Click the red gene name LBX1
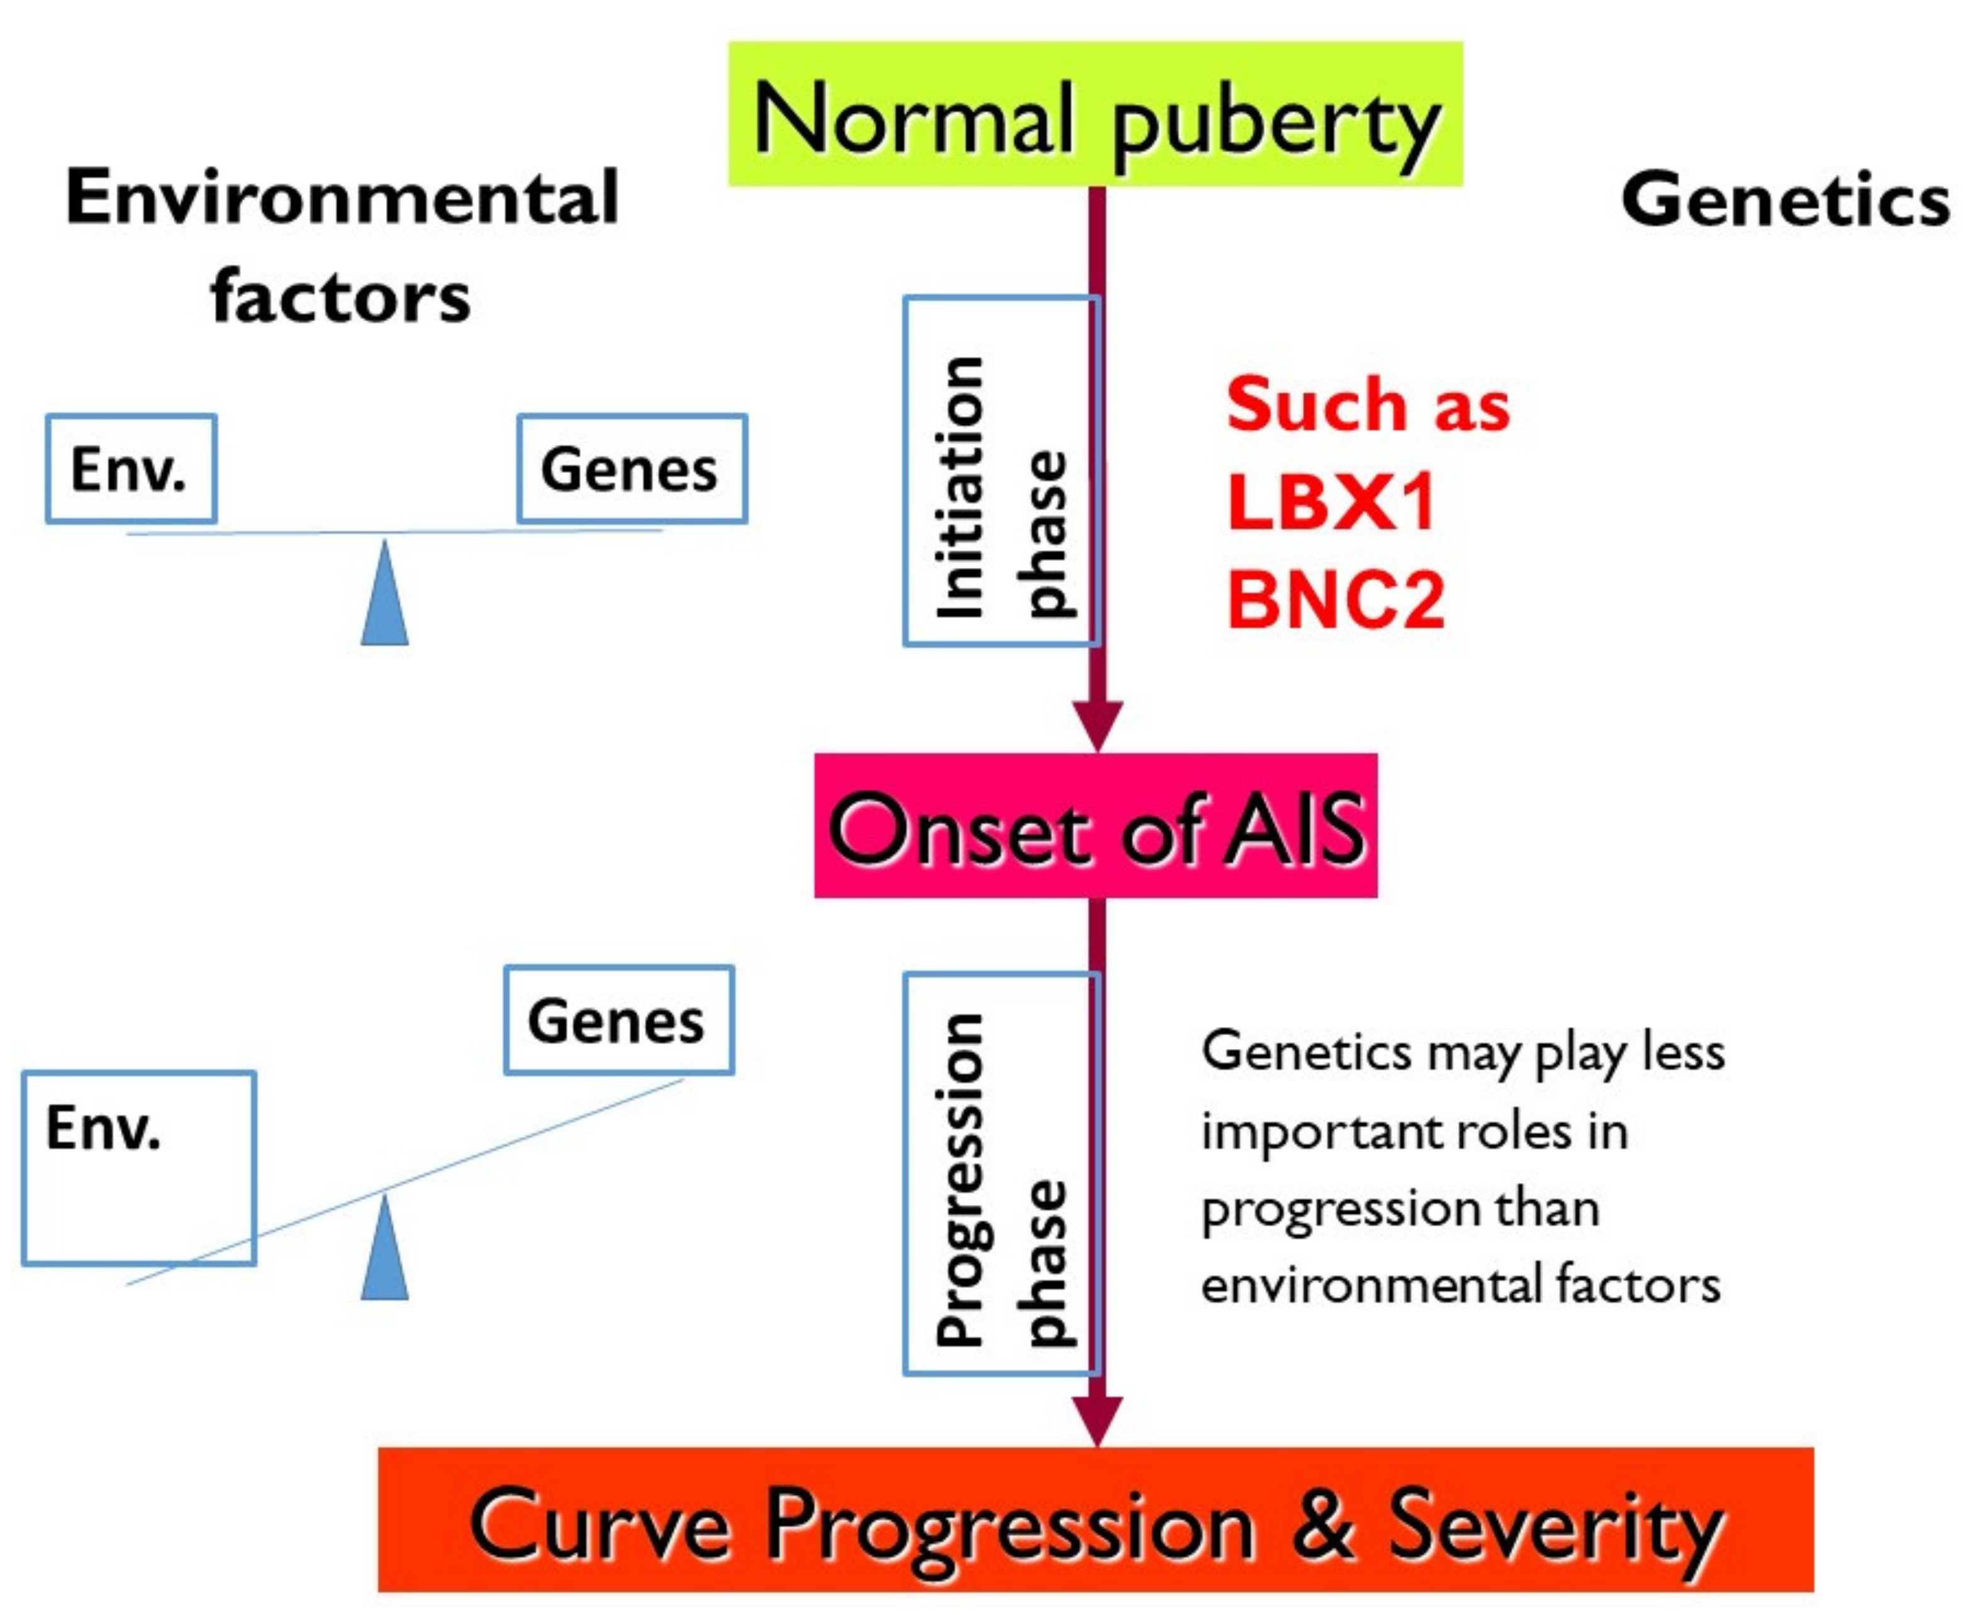(1331, 503)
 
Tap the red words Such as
(1367, 406)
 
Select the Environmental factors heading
(342, 247)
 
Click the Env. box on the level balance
(131, 469)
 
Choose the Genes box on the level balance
(632, 469)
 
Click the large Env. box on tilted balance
(138, 1167)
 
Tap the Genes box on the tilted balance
(619, 1021)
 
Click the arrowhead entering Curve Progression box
(1098, 1421)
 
